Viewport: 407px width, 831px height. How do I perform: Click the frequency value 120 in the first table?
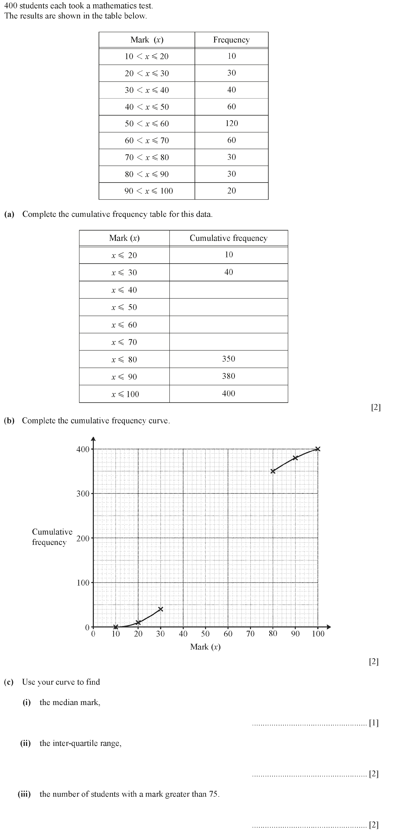pyautogui.click(x=232, y=123)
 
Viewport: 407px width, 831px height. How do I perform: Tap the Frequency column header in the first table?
pyautogui.click(x=231, y=40)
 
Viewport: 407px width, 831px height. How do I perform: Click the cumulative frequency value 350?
pyautogui.click(x=228, y=359)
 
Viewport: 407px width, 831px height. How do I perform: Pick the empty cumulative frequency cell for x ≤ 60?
pyautogui.click(x=228, y=325)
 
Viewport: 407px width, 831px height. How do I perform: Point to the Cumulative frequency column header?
pyautogui.click(x=228, y=238)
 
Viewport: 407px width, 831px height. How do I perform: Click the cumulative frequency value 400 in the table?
pyautogui.click(x=228, y=393)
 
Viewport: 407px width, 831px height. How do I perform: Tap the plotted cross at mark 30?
pyautogui.click(x=161, y=609)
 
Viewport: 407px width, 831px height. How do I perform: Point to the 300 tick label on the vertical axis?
pyautogui.click(x=83, y=494)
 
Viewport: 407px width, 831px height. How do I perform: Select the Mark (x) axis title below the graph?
pyautogui.click(x=205, y=647)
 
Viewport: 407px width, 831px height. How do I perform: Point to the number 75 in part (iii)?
pyautogui.click(x=214, y=794)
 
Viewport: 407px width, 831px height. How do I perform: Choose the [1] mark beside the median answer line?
pyautogui.click(x=373, y=723)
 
